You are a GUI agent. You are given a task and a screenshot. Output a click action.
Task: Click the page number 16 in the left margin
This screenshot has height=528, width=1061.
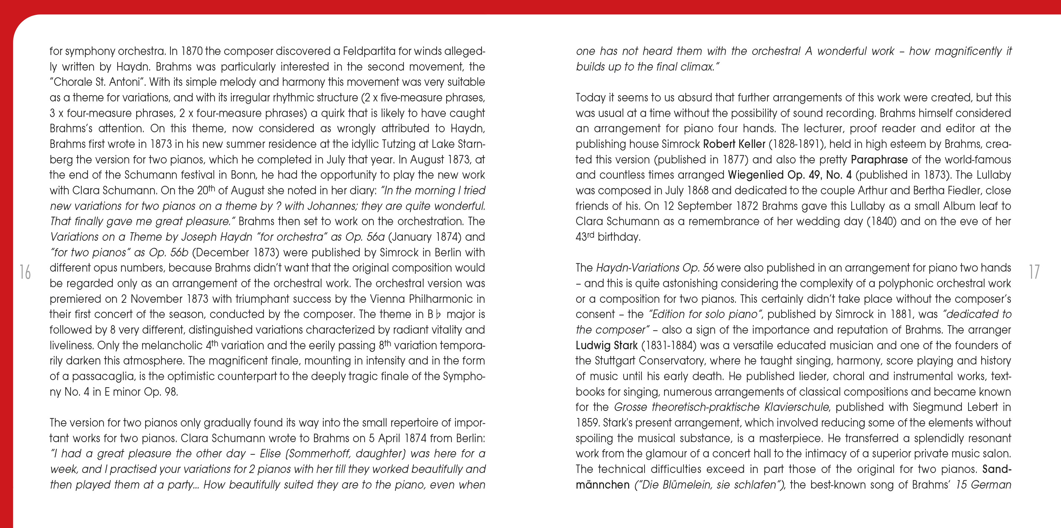[x=25, y=272]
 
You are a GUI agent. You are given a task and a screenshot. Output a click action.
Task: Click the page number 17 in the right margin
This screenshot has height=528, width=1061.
[x=1034, y=272]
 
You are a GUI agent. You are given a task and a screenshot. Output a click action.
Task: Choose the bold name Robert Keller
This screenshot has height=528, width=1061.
[x=734, y=144]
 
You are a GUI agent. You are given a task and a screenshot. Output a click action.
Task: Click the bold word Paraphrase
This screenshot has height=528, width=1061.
[x=879, y=159]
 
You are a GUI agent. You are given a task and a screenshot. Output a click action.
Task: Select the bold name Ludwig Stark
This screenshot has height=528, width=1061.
[x=606, y=346]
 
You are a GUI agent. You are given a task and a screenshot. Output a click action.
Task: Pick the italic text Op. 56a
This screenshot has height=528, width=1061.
[x=365, y=237]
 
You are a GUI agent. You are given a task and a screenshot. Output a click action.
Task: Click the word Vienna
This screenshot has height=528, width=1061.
[x=387, y=299]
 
